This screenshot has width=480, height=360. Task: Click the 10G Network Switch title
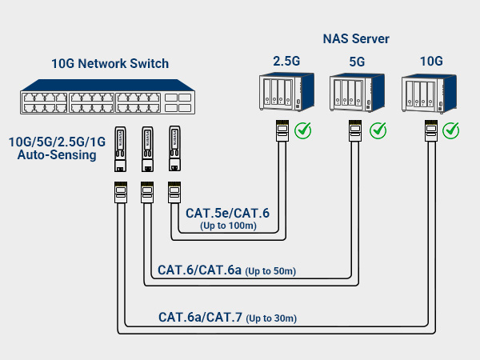(x=110, y=64)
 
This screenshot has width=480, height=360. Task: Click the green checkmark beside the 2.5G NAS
(x=303, y=130)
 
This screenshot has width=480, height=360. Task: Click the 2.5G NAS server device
(x=282, y=94)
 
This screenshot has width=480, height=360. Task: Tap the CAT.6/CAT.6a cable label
(x=199, y=270)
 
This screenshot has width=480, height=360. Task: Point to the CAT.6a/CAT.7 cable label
(x=200, y=318)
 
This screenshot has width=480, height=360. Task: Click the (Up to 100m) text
(x=229, y=226)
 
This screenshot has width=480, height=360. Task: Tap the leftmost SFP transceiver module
(x=120, y=150)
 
